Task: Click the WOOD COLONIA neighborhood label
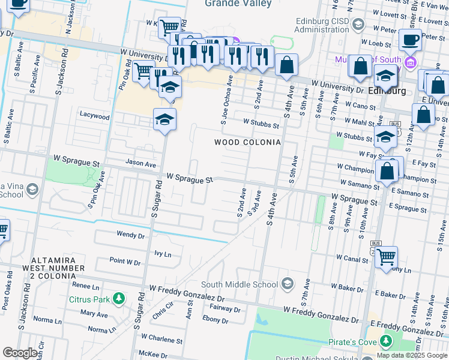[x=247, y=142]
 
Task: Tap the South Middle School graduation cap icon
[x=288, y=283]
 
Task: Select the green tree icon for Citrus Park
[x=119, y=298]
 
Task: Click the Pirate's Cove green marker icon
[x=385, y=342]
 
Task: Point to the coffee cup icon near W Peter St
[x=410, y=40]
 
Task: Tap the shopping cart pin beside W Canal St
[x=386, y=257]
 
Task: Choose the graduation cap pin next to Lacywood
[x=164, y=119]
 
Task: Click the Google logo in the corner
[x=20, y=353]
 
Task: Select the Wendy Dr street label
[x=131, y=236]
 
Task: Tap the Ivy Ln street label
[x=163, y=254]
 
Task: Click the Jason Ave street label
[x=140, y=163]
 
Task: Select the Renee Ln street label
[x=85, y=286]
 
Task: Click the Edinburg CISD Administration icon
[x=358, y=24]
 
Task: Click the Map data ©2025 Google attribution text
[x=412, y=355]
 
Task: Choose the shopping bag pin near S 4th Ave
[x=287, y=65]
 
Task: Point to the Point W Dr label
[x=125, y=262]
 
